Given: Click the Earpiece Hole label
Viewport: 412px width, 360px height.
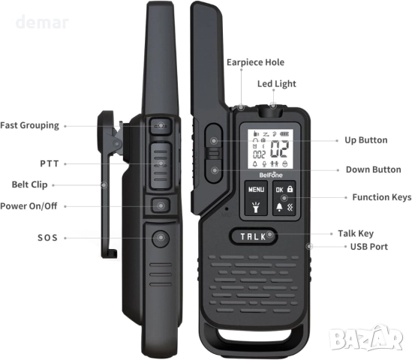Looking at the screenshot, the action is pos(255,62).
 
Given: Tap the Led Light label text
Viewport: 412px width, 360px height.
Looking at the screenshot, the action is pos(276,84).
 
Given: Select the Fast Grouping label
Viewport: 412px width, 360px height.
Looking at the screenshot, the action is pos(29,125).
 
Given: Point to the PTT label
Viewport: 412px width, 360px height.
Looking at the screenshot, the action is pos(50,163).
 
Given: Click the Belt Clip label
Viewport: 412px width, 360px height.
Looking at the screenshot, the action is pos(30,184).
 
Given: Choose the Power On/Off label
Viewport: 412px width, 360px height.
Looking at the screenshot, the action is pos(29,206).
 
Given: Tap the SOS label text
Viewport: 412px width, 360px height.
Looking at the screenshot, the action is pos(47,238).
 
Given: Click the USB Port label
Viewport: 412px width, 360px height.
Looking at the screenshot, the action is pos(369,247).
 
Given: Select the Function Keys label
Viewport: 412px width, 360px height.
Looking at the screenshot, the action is pos(381,197).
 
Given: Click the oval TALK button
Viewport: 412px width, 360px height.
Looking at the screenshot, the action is pos(254,236).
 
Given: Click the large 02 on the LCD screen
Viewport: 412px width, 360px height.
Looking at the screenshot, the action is pos(280,148).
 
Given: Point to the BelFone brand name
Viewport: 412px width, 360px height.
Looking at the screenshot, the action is pos(271,175).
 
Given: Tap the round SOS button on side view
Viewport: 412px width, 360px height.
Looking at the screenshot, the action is pos(161,238).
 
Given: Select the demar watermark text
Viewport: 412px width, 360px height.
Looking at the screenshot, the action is pos(42,22).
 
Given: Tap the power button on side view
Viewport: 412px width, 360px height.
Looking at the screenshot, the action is pos(161,205).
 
